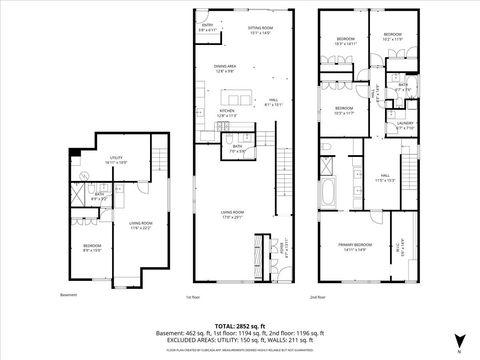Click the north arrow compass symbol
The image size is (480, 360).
click(458, 340)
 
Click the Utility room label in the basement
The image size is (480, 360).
click(118, 161)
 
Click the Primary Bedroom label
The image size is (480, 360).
click(355, 247)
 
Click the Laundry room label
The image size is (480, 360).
click(406, 126)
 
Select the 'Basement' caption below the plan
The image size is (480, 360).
click(68, 295)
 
